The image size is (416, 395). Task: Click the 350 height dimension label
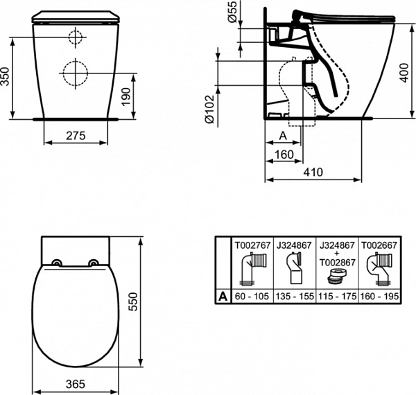coord(6,76)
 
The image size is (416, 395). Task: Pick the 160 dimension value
coord(284,154)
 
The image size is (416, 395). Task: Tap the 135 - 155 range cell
coord(294,295)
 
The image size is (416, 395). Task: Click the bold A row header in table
coord(223,295)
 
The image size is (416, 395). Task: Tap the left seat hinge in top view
coord(55,263)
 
